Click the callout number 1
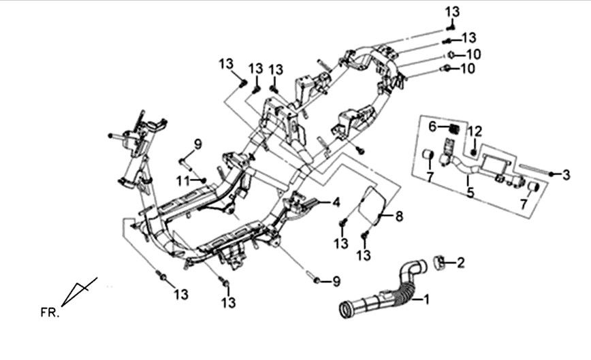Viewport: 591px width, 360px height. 426,299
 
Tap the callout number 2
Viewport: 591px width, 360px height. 460,263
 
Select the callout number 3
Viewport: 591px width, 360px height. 566,175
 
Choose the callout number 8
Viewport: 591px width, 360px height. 398,216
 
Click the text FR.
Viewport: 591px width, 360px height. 49,314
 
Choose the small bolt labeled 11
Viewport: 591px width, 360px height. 202,180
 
